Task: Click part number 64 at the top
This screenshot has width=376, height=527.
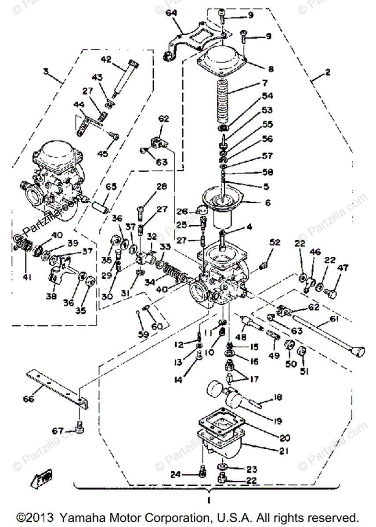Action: point(171,13)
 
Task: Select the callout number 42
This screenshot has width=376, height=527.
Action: point(106,59)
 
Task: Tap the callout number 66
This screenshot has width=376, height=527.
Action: point(29,399)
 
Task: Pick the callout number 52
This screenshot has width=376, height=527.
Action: point(275,242)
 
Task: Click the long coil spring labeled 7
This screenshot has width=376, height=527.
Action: point(228,105)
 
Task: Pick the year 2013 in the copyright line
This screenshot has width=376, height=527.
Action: point(41,516)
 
